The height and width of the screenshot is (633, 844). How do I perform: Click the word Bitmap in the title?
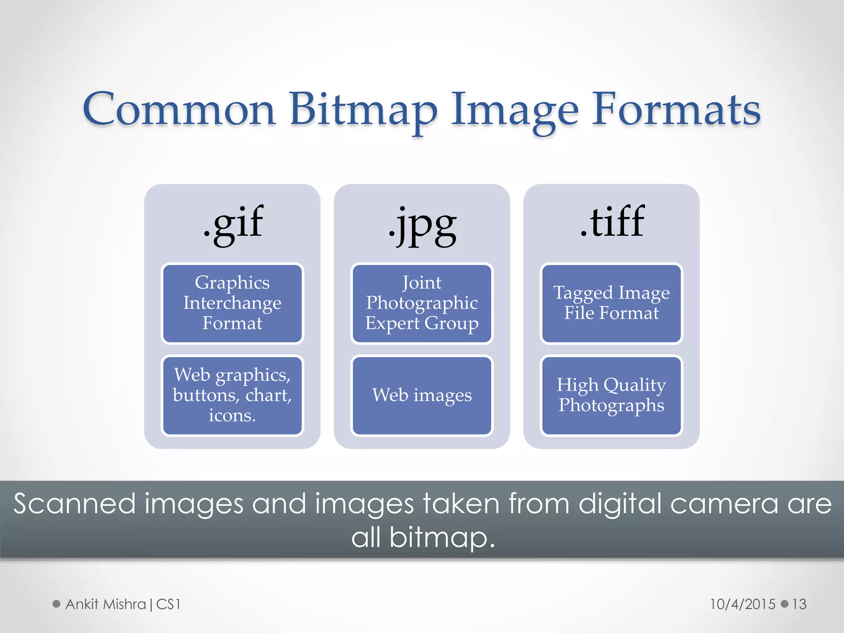[x=363, y=110]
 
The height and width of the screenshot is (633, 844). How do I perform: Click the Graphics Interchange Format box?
[x=232, y=303]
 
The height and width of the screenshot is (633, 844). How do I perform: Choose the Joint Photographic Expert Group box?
[x=422, y=303]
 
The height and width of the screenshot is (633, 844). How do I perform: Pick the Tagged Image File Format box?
[x=612, y=303]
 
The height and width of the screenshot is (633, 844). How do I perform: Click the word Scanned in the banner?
[x=75, y=504]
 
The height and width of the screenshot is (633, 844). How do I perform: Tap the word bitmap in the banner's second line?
[x=441, y=538]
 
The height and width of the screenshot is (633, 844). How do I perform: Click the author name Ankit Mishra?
[x=106, y=604]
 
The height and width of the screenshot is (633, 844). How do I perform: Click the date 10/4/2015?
[x=742, y=604]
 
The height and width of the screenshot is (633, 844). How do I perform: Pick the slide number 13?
[x=799, y=604]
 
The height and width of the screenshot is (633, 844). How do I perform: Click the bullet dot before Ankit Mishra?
[x=56, y=604]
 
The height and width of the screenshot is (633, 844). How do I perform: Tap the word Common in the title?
[x=179, y=110]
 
